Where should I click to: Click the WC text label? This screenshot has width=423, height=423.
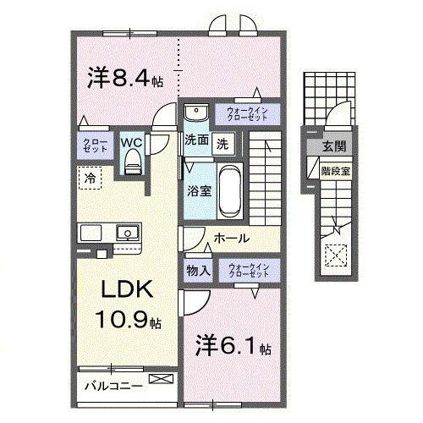(131, 142)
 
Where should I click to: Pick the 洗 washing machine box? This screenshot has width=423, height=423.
(221, 143)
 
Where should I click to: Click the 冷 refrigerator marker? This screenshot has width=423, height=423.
(88, 178)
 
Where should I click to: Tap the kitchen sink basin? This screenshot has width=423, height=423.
(127, 231)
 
